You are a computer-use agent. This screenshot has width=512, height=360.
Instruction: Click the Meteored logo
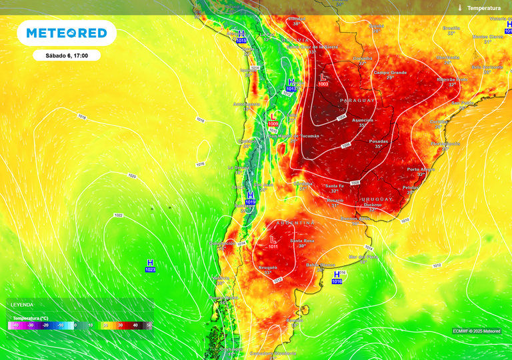pos(66,33)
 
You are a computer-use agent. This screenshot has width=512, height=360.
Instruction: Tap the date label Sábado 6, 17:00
pos(66,55)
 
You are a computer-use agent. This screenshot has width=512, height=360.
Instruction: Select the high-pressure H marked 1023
pos(150,263)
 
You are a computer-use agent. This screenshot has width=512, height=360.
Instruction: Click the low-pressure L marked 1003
pos(324,77)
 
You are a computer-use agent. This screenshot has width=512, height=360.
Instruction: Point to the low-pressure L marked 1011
pos(273,239)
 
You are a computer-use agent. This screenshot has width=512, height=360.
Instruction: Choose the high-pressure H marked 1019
pos(250,195)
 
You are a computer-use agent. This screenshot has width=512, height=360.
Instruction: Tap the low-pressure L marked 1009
pos(272,117)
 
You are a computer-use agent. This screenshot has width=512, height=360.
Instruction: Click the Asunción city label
pos(363,120)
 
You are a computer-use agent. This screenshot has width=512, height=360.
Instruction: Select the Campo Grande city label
pos(390,72)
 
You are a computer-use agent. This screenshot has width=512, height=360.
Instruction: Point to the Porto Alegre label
pos(421,169)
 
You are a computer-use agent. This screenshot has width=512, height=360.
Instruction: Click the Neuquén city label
pos(268,267)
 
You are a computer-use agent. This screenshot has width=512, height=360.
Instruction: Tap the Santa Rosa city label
pos(302,240)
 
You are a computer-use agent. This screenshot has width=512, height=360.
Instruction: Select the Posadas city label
pos(378,141)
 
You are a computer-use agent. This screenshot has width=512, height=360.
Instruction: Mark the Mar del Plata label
pos(363,256)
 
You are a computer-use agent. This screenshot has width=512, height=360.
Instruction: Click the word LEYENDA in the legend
pos(21,305)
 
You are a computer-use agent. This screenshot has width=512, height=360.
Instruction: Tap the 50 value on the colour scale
pos(149,325)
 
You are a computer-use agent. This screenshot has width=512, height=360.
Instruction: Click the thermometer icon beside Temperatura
pos(460,7)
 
